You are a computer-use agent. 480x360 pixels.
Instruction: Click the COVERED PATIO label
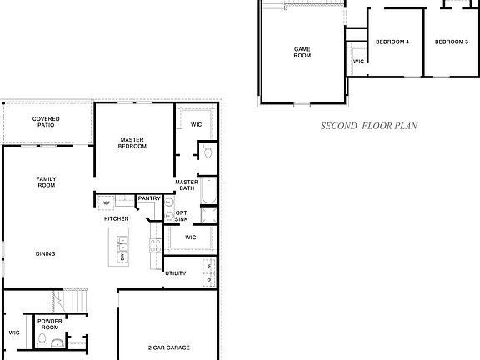pyautogui.click(x=46, y=122)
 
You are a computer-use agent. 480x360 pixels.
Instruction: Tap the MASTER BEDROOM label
pyautogui.click(x=133, y=143)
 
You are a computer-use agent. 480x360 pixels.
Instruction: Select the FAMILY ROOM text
pyautogui.click(x=46, y=182)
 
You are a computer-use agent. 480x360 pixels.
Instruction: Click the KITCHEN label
pyautogui.click(x=116, y=218)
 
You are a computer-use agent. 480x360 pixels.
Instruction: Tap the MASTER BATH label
pyautogui.click(x=186, y=185)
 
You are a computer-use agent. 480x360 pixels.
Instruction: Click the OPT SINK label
pyautogui.click(x=181, y=216)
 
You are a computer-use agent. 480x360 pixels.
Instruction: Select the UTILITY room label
pyautogui.click(x=176, y=273)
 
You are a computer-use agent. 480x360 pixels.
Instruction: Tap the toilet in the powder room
pyautogui.click(x=55, y=342)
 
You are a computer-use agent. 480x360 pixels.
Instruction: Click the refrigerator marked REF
pyautogui.click(x=107, y=202)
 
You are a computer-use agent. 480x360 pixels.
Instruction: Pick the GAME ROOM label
pyautogui.click(x=302, y=52)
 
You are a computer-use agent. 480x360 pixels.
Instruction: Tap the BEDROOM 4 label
pyautogui.click(x=392, y=42)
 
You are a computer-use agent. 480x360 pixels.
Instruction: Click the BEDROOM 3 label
pyautogui.click(x=452, y=42)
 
